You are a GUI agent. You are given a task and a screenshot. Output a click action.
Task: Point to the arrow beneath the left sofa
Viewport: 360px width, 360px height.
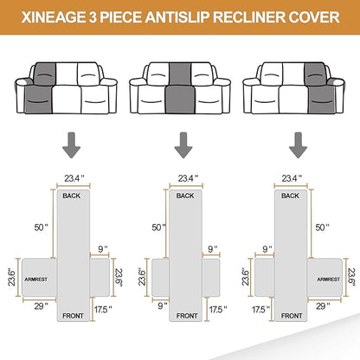click(67, 149)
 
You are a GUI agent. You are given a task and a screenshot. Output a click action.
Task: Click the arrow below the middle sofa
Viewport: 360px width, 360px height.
click(181, 149)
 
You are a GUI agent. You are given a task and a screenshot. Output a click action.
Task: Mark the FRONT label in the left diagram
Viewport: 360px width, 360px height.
click(73, 340)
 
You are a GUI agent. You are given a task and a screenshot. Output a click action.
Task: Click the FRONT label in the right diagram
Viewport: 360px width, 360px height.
click(288, 340)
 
